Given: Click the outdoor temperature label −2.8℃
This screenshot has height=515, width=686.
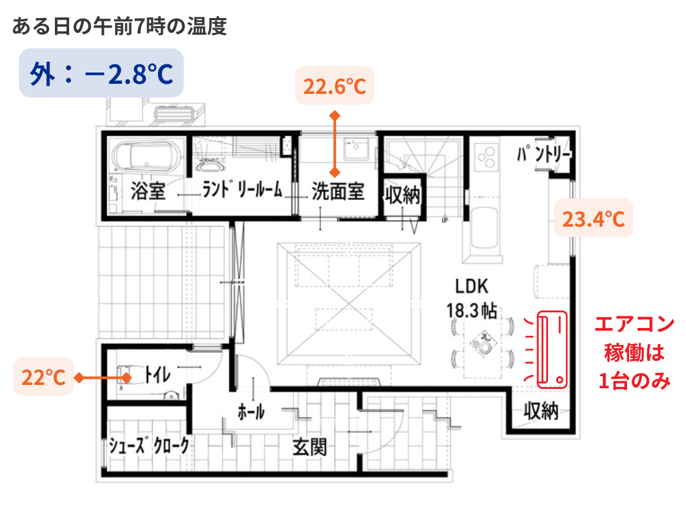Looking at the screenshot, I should [x=101, y=74].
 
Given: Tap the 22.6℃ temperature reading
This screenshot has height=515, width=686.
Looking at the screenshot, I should [x=335, y=86].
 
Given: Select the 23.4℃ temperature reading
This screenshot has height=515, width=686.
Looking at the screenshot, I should [x=593, y=219].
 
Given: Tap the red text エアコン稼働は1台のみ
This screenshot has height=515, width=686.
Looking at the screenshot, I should [x=634, y=353].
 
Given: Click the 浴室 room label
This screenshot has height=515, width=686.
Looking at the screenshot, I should [x=148, y=191].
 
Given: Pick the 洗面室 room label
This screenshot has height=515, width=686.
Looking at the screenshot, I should [x=338, y=192].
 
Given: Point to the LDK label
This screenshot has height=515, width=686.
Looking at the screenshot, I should [x=472, y=287].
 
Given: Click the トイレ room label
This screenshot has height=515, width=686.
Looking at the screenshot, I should [x=158, y=374].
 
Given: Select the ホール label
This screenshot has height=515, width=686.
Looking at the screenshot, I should [x=251, y=412].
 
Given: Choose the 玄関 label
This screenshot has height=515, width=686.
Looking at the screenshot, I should [x=310, y=447].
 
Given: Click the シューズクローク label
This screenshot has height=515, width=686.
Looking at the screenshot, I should [x=149, y=446].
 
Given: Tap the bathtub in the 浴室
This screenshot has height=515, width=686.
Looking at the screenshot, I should [x=147, y=157].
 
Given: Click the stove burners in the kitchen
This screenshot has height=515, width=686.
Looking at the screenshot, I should [x=486, y=158].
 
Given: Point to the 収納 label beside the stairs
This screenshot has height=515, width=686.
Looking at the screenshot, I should [x=403, y=195].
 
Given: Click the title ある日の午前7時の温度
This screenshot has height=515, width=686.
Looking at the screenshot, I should [x=119, y=27].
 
